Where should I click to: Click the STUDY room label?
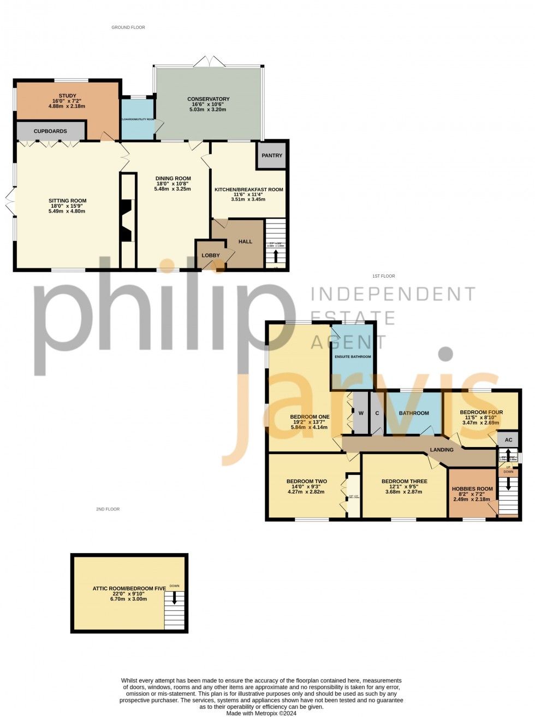68,96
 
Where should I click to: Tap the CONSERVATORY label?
209,99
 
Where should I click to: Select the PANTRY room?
272,156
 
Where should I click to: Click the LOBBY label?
211,255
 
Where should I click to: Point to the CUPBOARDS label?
50,132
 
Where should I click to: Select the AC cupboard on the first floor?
508,440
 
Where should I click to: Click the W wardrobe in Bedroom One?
361,413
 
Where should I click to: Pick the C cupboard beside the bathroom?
377,413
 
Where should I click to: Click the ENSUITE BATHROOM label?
353,357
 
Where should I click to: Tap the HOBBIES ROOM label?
472,489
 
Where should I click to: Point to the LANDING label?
442,450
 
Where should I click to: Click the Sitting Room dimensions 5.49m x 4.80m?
67,211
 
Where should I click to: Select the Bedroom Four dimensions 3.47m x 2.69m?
480,422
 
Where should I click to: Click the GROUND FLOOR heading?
128,27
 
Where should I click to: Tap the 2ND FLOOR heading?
108,509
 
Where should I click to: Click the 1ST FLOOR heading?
383,277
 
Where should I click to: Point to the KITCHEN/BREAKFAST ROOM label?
248,190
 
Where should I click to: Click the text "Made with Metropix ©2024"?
261,713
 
